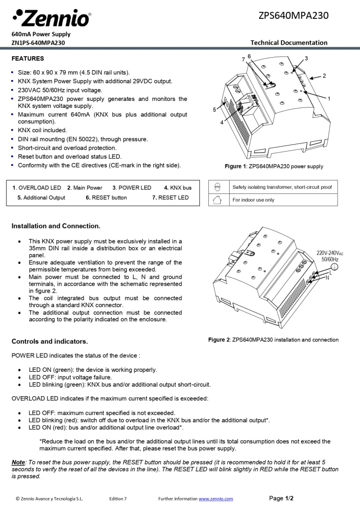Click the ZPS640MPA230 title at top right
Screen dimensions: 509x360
(293, 15)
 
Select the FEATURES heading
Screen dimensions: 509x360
(27, 59)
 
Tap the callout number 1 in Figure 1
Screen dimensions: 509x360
(329, 98)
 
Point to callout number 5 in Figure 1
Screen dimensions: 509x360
(215, 109)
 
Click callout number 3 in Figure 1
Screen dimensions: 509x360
(306, 59)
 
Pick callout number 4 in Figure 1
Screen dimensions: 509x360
(222, 122)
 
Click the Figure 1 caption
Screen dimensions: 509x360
(273, 167)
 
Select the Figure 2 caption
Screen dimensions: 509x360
(273, 340)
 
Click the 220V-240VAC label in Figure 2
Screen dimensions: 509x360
(330, 253)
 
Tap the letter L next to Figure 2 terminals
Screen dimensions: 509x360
(330, 272)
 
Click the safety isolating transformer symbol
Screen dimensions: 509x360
(217, 187)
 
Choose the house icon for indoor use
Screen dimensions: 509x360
(217, 200)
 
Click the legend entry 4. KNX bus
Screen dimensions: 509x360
(178, 188)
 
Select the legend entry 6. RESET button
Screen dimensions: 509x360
(106, 198)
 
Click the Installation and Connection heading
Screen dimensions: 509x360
(56, 226)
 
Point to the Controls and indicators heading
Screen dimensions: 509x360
(50, 342)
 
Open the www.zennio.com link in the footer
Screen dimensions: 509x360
(216, 499)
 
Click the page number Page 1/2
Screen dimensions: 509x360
(281, 498)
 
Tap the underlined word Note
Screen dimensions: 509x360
(18, 462)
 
